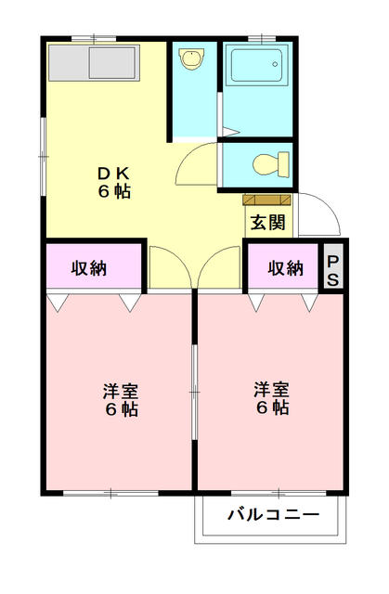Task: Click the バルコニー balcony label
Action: click(273, 514)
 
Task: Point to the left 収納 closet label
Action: click(90, 268)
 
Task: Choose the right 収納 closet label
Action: click(286, 268)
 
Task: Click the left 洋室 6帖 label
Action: click(121, 400)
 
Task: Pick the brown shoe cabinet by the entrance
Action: click(267, 199)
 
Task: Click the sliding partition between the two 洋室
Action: click(194, 390)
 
